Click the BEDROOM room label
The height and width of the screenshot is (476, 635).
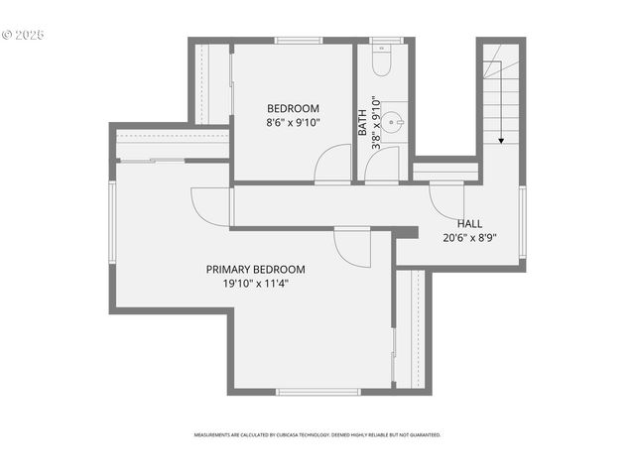293,108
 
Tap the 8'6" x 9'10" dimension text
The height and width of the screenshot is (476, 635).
293,123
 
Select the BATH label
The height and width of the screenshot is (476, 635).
363,122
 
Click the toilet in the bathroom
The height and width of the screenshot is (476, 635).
382,61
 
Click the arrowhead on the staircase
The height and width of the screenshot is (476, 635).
501,141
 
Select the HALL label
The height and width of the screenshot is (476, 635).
470,223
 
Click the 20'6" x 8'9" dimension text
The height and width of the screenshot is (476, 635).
470,238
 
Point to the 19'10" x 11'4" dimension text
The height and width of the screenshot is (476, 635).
256,284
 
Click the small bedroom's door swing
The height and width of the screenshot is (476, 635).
335,165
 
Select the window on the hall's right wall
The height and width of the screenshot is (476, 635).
522,222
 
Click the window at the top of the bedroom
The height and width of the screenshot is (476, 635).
299,41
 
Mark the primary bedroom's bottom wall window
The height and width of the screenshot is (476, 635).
317,392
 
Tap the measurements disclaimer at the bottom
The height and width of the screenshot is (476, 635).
317,434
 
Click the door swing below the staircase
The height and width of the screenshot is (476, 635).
447,198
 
